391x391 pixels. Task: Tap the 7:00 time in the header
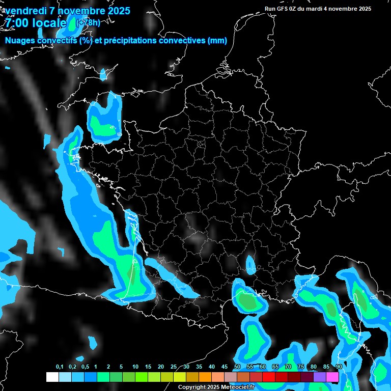(15, 23)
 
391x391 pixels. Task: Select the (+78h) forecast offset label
(88, 22)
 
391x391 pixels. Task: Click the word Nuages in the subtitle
(21, 41)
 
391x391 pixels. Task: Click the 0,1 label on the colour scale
(60, 367)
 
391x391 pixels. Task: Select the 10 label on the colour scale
(135, 367)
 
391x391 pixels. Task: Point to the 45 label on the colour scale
(225, 367)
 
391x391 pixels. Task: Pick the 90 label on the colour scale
(339, 367)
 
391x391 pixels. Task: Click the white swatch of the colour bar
(52, 377)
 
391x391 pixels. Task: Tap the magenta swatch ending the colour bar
(332, 377)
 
